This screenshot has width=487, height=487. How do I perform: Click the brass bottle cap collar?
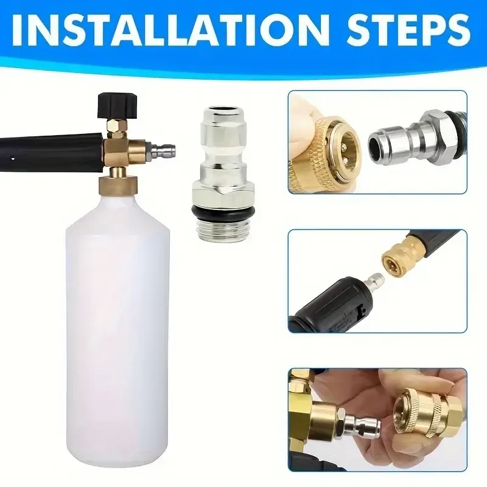click(118, 185)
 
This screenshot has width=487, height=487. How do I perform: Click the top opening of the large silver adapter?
click(223, 111)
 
